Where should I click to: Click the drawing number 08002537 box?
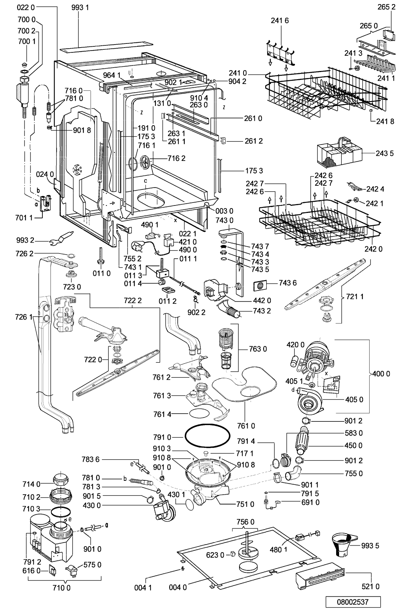(353, 602)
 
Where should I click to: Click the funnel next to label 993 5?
(343, 544)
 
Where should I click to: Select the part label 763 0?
(258, 349)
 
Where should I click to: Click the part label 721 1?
(354, 297)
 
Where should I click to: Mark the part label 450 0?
(353, 445)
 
